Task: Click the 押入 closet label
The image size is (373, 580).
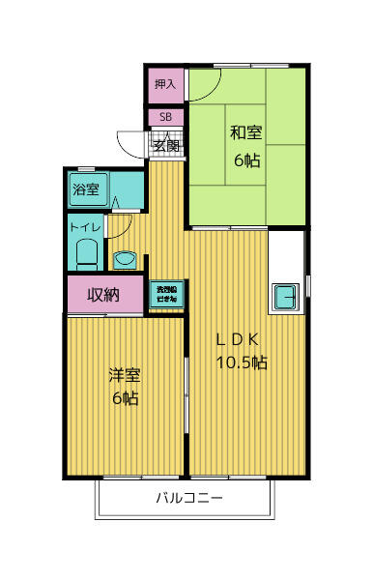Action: click(x=165, y=85)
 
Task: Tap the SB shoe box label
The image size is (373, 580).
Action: click(x=165, y=118)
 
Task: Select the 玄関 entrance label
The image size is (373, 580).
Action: click(x=166, y=146)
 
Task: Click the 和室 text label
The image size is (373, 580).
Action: click(x=246, y=133)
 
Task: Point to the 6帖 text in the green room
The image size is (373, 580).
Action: click(x=246, y=160)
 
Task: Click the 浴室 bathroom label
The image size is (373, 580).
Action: click(x=85, y=189)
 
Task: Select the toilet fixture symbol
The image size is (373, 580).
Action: click(x=87, y=255)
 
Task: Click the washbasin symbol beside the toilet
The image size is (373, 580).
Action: click(x=123, y=259)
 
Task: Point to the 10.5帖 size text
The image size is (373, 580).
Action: click(x=241, y=363)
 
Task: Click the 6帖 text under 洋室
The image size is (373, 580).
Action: click(x=123, y=398)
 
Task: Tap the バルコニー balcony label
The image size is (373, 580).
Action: click(x=189, y=500)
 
